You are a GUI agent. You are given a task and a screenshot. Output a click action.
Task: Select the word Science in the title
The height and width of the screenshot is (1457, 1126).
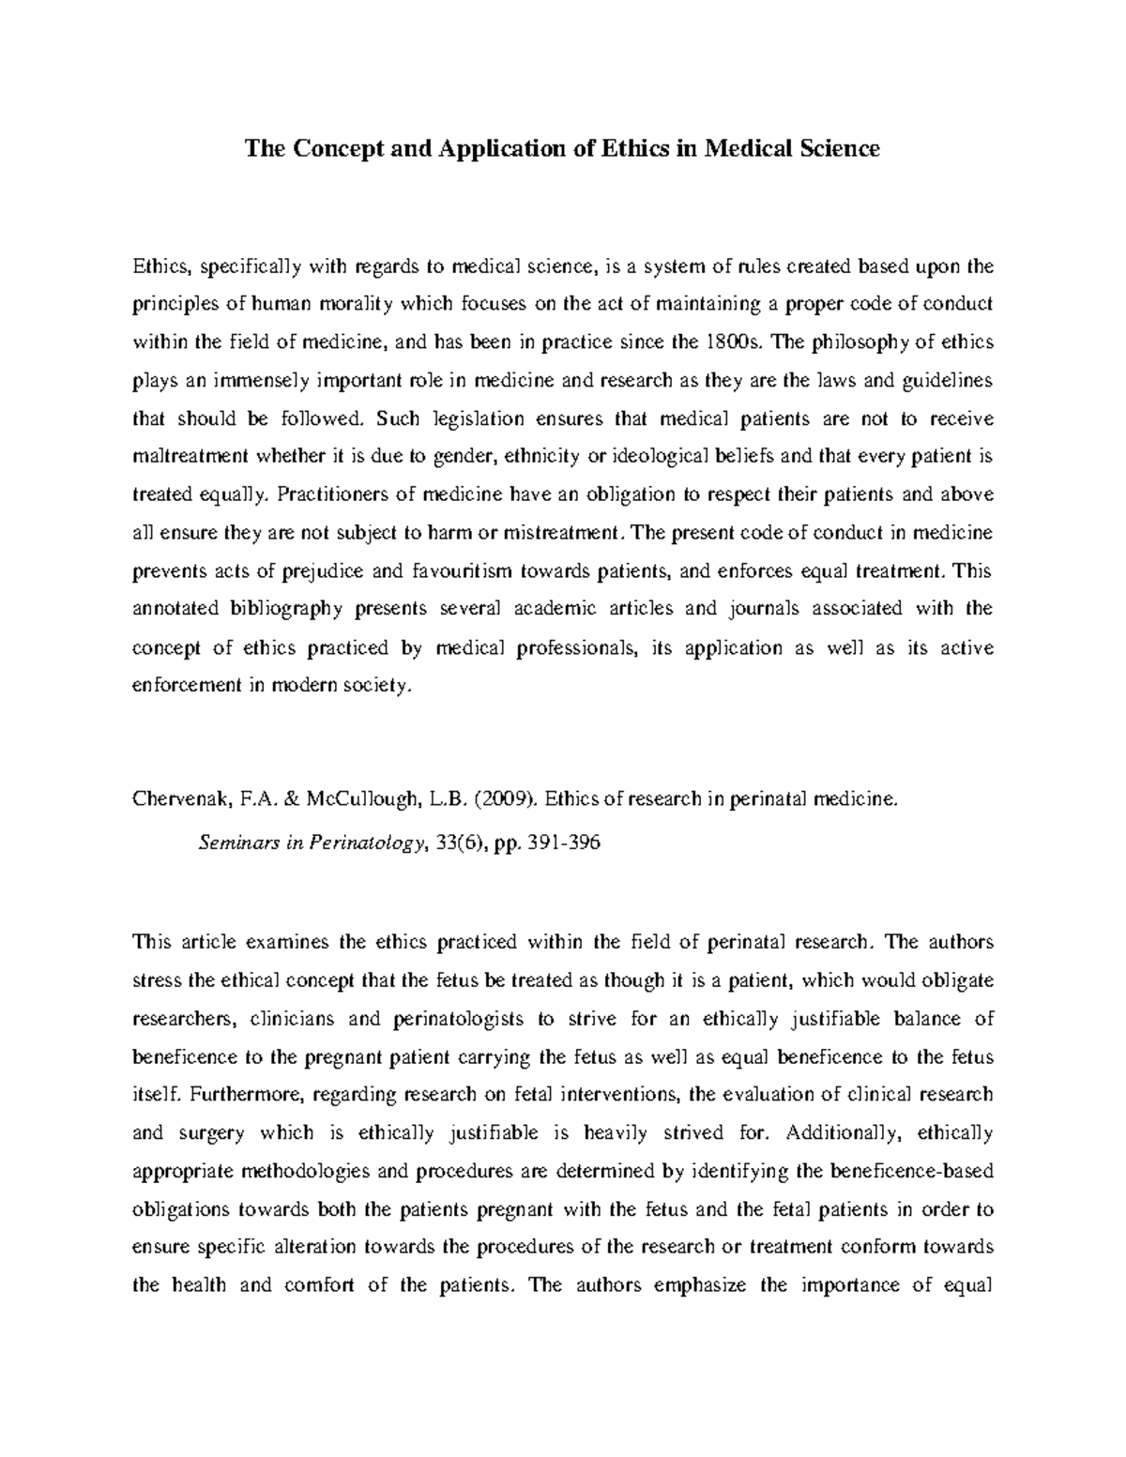(x=834, y=148)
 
